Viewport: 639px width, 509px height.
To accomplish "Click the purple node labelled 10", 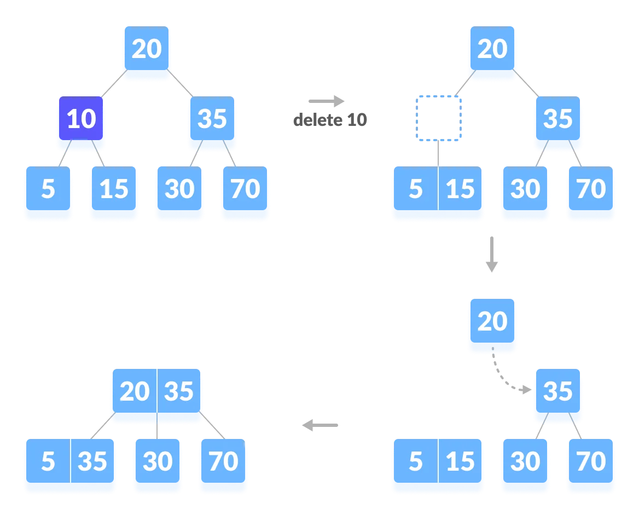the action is tap(81, 118).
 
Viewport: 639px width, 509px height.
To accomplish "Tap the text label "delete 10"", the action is tap(330, 120).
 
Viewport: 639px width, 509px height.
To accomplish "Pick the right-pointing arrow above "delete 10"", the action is tap(327, 101).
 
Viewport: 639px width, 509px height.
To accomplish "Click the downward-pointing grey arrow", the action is tap(492, 254).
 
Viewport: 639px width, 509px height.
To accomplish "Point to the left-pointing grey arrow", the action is tap(320, 425).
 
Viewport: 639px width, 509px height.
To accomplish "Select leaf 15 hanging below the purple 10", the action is tap(114, 188).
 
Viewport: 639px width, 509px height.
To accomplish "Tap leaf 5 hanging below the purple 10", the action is tap(48, 188).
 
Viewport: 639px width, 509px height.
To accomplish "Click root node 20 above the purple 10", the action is tap(147, 48).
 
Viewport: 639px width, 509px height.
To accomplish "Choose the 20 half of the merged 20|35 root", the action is tap(135, 391).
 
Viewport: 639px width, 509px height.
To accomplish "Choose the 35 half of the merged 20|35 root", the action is tap(178, 391).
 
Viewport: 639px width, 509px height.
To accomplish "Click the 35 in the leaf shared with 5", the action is tap(92, 461).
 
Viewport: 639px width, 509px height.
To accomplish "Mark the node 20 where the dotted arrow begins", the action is tap(492, 321).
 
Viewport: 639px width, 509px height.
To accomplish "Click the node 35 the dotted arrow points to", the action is tap(558, 391).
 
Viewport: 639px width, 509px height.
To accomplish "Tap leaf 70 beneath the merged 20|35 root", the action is tap(223, 461).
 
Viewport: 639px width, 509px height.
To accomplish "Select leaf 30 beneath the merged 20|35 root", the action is tap(158, 461).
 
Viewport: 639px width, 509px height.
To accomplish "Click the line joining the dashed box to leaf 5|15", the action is tap(438, 154).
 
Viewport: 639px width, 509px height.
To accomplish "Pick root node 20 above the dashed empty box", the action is tap(492, 48).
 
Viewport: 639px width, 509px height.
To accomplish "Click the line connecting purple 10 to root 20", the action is tap(114, 83).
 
